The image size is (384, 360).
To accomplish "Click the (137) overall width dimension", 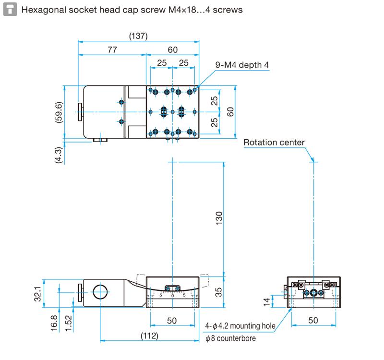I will [138, 36].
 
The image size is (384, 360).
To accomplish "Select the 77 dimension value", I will [112, 50].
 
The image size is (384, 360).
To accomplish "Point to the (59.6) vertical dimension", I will [59, 112].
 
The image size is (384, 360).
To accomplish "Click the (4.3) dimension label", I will [59, 155].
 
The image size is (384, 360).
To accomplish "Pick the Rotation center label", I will [274, 142].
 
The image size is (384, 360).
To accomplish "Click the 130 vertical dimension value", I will [219, 218].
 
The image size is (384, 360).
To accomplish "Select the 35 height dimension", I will [219, 292].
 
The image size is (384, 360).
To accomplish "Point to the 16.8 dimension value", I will [54, 323].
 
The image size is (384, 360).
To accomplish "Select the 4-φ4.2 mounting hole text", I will [240, 326].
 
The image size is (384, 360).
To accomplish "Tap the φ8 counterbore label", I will [230, 338].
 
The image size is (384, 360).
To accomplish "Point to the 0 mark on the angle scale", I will [173, 296].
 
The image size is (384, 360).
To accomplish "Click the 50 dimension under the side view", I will [313, 320].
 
